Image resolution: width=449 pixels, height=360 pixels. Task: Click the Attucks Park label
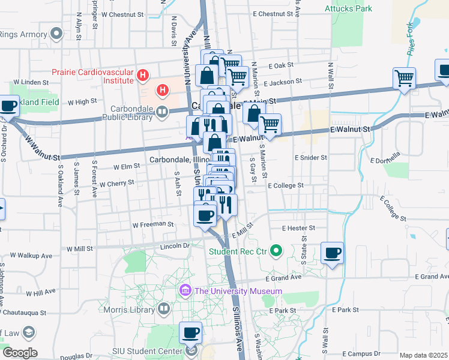coord(348,8)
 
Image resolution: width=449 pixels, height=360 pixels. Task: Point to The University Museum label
coord(238,292)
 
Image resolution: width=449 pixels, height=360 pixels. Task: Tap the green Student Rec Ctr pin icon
coord(276,250)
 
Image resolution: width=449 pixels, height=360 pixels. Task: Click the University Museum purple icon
coord(185,292)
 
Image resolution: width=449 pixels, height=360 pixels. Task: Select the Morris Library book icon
coord(164,308)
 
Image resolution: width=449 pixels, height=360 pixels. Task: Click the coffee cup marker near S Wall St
coord(332,253)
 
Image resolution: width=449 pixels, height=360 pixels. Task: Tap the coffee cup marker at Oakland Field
coord(8,106)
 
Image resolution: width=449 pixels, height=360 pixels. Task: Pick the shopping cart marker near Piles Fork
coord(404,78)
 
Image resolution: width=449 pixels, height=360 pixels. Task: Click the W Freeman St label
coord(153,224)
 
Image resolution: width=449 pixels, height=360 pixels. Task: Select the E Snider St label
coord(310,157)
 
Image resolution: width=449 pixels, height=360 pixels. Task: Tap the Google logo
coord(20,353)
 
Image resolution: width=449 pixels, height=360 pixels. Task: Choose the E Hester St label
coord(300,228)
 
